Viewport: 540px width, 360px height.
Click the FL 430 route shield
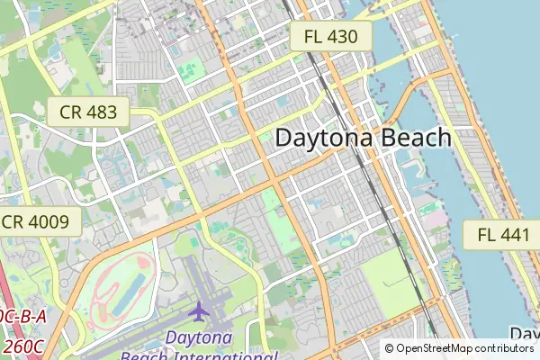[x=330, y=37]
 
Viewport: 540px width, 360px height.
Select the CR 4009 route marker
[x=37, y=222]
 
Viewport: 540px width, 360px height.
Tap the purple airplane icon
[x=198, y=310]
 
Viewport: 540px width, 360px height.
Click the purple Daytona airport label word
[x=199, y=338]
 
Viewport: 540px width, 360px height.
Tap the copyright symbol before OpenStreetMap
[x=390, y=348]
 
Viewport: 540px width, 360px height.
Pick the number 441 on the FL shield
[x=513, y=236]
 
